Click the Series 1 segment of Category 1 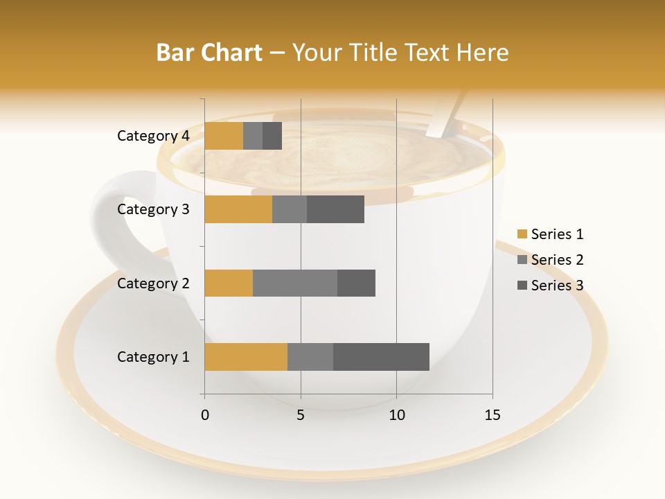click(246, 356)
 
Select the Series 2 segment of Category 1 click(310, 356)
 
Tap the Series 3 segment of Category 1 click(381, 356)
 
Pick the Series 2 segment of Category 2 click(295, 283)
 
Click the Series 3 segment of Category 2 click(356, 283)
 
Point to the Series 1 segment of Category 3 click(238, 209)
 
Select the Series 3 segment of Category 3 click(335, 209)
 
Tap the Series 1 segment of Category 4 click(224, 136)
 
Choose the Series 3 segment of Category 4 click(272, 136)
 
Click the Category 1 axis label click(152, 357)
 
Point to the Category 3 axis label click(152, 209)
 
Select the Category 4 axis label click(152, 136)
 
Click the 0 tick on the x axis click(205, 415)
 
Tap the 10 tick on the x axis click(396, 415)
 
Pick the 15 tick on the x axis click(492, 415)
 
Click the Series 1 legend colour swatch click(522, 234)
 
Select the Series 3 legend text click(557, 286)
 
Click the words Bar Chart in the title click(209, 53)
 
